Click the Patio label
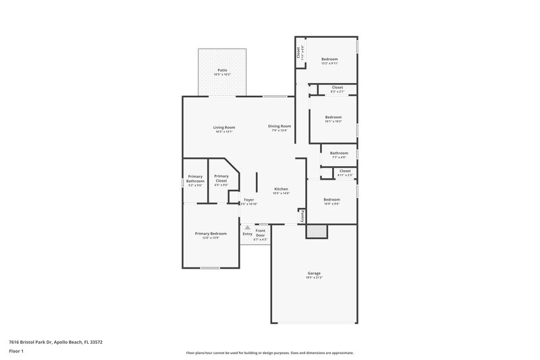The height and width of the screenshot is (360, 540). [x=222, y=70]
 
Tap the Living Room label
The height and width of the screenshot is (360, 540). [x=224, y=127]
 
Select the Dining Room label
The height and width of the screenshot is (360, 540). [x=279, y=126]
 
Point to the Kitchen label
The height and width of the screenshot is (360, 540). [x=281, y=188]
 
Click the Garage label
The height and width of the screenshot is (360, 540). [x=313, y=273]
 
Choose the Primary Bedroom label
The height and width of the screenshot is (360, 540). [x=211, y=233]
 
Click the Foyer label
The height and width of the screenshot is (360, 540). [x=249, y=200]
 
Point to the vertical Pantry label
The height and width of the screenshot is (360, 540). [x=303, y=215]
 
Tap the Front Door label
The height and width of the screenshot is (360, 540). [x=261, y=233]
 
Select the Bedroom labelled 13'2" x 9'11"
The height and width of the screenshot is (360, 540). [x=329, y=59]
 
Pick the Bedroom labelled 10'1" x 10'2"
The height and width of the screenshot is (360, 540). [x=333, y=117]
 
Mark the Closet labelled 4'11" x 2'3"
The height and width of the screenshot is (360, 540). [x=345, y=172]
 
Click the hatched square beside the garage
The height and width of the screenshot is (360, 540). [x=316, y=231]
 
